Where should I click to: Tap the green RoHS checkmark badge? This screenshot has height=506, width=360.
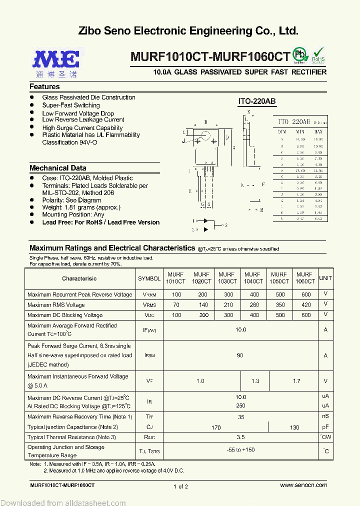click(318, 55)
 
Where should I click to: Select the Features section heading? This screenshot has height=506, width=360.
click(44, 86)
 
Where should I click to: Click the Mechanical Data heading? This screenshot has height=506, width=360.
click(57, 168)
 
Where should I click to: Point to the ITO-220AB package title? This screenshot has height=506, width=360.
click(256, 101)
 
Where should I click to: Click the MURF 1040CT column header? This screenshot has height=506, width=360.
click(252, 278)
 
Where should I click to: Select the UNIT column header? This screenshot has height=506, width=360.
click(325, 278)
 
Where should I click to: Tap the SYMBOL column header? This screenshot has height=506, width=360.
click(149, 278)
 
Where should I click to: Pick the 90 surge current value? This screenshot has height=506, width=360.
click(240, 355)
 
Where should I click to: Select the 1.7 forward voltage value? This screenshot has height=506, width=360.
click(296, 381)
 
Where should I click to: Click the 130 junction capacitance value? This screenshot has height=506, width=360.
click(294, 427)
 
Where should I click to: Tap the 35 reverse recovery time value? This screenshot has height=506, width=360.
click(240, 417)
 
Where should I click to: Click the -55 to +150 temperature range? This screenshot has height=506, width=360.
click(240, 450)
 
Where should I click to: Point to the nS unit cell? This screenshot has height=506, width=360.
click(325, 416)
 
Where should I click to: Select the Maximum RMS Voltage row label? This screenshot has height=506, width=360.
click(56, 305)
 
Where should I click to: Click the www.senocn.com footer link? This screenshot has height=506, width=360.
click(303, 485)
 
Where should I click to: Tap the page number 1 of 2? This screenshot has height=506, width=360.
click(180, 486)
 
